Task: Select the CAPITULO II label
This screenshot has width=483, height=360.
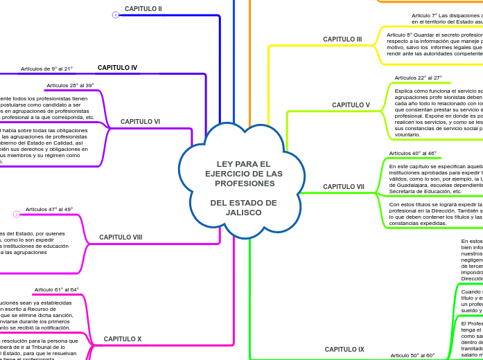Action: pos(143,9)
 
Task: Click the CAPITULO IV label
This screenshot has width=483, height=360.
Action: pos(117,68)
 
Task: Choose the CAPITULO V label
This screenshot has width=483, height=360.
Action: pos(351,105)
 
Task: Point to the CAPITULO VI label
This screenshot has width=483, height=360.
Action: pos(140,121)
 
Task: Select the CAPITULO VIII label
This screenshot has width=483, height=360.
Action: pos(121,237)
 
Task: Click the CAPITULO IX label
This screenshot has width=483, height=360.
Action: pos(344,350)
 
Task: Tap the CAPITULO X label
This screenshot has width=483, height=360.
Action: pos(123,339)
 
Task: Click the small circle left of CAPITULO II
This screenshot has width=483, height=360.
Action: pos(115,15)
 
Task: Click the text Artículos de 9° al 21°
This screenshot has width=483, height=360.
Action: pos(46,69)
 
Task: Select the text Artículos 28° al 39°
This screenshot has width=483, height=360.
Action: pos(70,85)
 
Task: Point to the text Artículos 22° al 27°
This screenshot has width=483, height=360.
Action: pos(418,78)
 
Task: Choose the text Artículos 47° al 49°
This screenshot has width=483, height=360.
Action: pos(49,209)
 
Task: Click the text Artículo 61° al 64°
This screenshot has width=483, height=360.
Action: pos(57,289)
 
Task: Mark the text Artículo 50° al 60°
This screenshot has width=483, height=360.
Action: pos(412,355)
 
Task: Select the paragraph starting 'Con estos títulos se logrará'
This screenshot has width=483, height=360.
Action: pos(435,214)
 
